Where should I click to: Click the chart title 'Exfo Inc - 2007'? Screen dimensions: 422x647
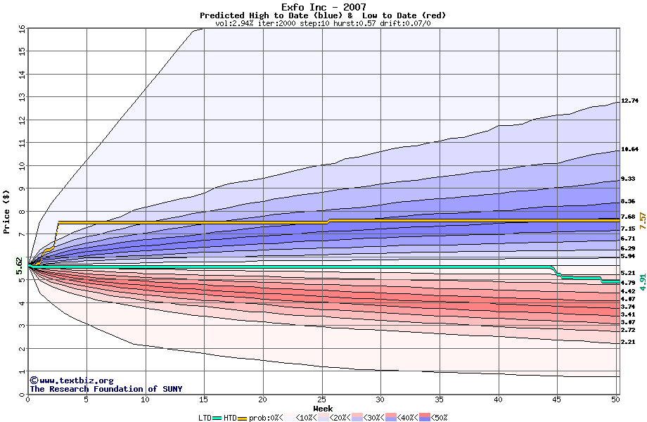[x=323, y=7]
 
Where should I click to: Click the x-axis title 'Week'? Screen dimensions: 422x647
[x=323, y=408]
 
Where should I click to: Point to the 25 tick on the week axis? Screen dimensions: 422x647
[x=321, y=399]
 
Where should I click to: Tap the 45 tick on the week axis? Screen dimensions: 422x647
[x=557, y=399]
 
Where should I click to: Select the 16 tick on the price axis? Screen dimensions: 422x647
[x=21, y=29]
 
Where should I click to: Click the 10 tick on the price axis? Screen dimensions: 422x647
[x=21, y=166]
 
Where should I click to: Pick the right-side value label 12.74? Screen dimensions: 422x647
[x=629, y=101]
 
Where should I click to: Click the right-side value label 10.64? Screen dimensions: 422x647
[x=629, y=150]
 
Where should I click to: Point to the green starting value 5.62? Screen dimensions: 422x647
[x=20, y=266]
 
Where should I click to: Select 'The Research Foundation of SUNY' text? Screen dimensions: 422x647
[x=103, y=389]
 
